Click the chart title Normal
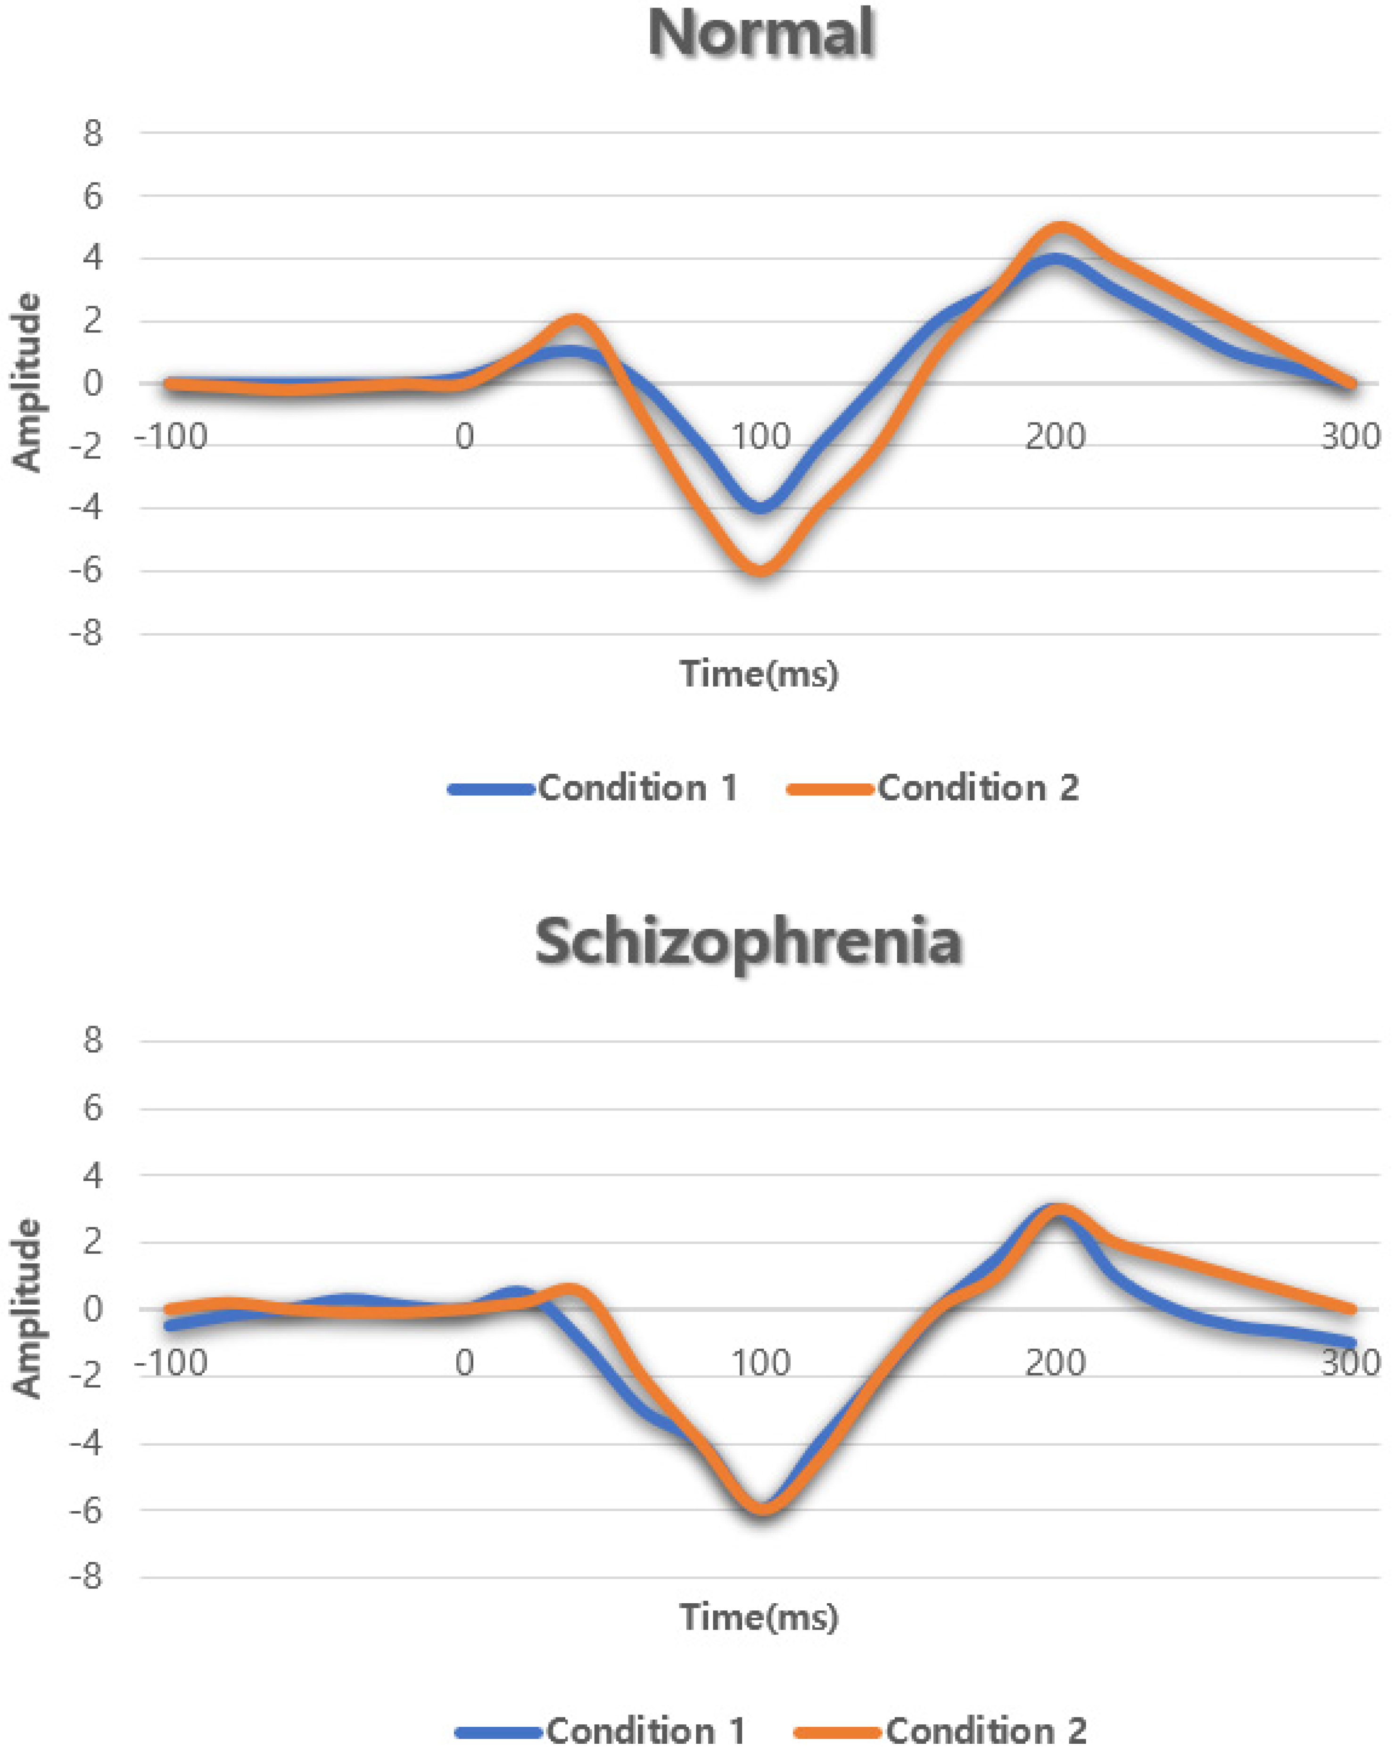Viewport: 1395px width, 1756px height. pos(760,34)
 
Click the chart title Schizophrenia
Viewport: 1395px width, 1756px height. pos(748,942)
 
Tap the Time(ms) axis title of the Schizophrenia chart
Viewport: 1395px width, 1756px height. pos(759,1617)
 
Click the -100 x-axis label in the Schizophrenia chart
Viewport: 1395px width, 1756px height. pos(171,1363)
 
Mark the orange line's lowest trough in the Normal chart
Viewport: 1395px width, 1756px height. pos(760,569)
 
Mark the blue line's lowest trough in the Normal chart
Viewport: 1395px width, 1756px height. pos(760,506)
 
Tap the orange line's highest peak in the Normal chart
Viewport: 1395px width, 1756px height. pos(1059,228)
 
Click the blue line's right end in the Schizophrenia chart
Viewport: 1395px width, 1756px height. pos(1350,1342)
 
